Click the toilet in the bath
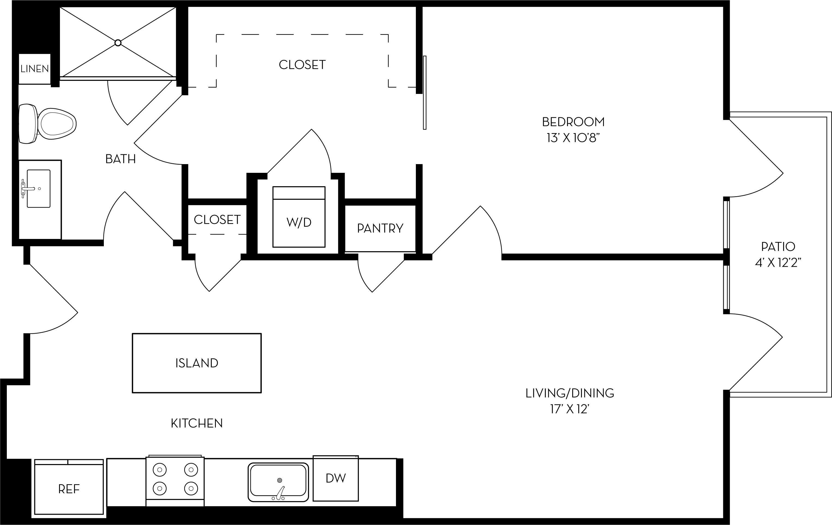point(49,124)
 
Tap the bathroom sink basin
point(38,188)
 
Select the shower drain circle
point(118,43)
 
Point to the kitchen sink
point(278,482)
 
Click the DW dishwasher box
point(335,478)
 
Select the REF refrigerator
point(69,489)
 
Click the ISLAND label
point(196,363)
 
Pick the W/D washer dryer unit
point(299,217)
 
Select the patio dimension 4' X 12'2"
point(778,263)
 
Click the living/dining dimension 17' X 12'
point(569,409)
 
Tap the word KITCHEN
point(196,423)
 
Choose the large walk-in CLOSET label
point(302,65)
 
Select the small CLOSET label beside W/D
point(217,220)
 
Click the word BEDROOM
point(573,122)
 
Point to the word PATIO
point(778,247)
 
